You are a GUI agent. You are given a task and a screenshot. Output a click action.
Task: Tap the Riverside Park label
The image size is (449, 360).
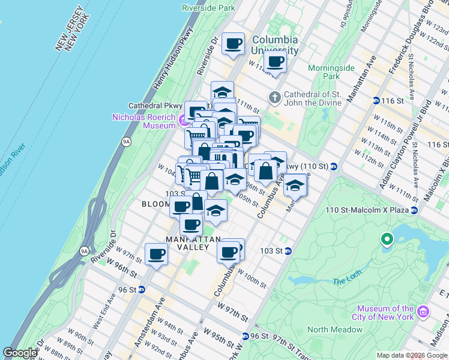pos(208,8)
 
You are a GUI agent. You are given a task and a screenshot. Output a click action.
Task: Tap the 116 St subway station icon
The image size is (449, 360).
pos(376,100)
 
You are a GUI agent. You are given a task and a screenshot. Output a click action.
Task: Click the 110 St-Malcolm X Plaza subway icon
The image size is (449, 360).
pos(414,211)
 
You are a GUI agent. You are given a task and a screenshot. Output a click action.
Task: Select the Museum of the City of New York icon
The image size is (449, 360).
pos(423,313)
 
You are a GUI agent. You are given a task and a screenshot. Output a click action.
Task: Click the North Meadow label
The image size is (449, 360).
pos(335,329)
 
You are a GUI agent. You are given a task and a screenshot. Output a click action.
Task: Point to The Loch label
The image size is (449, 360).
pos(345,281)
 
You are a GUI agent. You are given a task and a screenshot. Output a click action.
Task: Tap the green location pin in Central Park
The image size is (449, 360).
pos(387,240)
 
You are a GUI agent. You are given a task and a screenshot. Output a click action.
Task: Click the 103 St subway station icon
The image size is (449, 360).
pos(288,251)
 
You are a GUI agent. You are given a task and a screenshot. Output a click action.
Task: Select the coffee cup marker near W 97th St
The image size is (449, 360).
pos(157,254)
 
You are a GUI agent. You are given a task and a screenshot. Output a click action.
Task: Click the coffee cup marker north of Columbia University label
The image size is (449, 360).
pos(233,44)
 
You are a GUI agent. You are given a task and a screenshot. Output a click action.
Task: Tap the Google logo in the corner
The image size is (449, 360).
pos(20,353)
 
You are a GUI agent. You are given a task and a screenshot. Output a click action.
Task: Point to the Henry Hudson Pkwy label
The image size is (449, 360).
pos(173,59)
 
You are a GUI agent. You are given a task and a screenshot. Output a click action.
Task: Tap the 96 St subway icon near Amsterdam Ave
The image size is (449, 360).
pos(141,289)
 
